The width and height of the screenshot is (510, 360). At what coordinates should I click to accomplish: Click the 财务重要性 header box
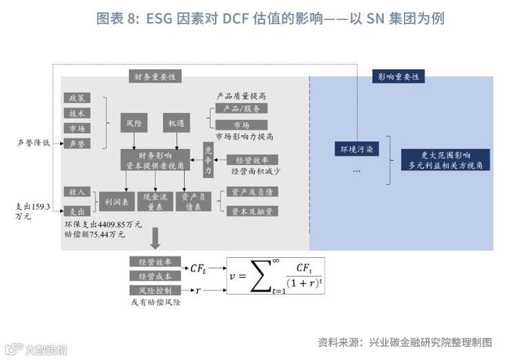154,77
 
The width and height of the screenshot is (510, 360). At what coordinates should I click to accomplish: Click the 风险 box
134,123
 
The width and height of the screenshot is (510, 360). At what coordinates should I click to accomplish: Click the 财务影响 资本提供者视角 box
156,161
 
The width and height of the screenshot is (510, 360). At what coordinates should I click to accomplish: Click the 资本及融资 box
252,211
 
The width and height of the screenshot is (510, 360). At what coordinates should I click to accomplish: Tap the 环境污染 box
356,149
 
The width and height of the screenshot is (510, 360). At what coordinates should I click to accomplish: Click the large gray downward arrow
155,239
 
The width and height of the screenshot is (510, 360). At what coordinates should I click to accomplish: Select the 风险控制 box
154,290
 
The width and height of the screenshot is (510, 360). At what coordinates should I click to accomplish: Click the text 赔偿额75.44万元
95,234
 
